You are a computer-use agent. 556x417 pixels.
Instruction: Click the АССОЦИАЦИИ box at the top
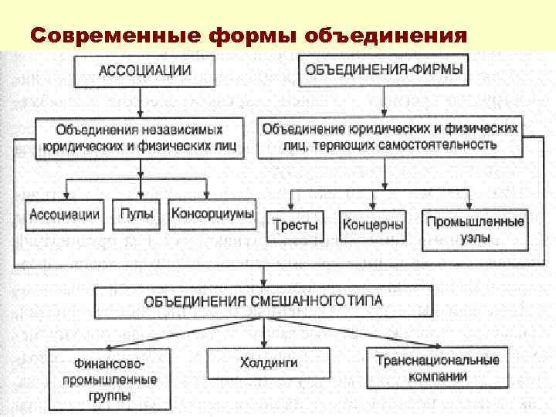(x=144, y=71)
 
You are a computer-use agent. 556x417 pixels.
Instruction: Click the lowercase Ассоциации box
(x=65, y=215)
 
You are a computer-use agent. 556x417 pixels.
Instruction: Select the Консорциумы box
(x=212, y=215)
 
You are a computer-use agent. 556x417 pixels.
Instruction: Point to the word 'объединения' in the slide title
(x=385, y=36)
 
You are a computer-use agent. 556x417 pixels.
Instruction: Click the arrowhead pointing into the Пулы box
(x=140, y=196)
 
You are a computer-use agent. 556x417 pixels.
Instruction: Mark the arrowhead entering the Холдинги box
(x=265, y=344)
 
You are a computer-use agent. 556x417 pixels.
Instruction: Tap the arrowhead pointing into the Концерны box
(x=372, y=208)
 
